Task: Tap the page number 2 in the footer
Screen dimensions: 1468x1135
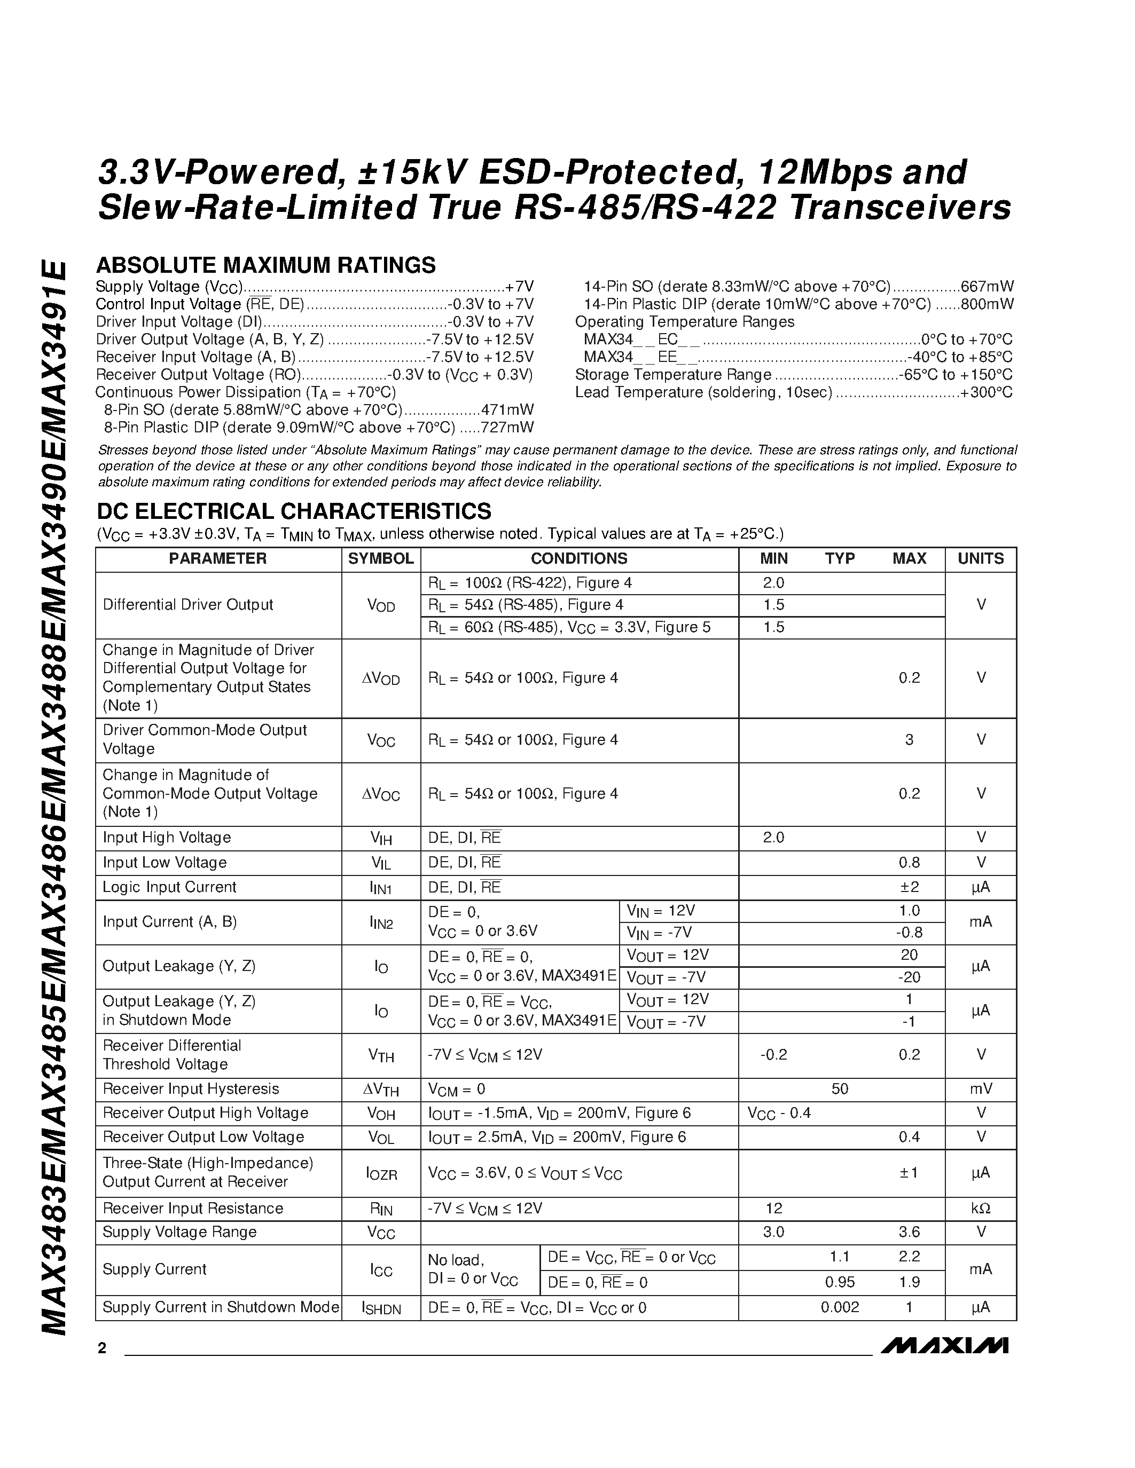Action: click(x=101, y=1348)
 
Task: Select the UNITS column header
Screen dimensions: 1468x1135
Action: click(x=980, y=558)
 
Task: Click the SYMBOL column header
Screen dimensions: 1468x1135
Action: click(x=381, y=558)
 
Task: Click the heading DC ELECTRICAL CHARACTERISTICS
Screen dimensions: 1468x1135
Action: click(x=294, y=511)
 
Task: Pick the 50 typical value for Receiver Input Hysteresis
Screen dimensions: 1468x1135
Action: click(x=840, y=1089)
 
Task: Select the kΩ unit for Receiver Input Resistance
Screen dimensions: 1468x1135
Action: click(x=980, y=1209)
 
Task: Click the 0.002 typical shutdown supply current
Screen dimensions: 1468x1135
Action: click(x=840, y=1307)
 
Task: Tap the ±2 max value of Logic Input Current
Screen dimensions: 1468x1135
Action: click(x=909, y=887)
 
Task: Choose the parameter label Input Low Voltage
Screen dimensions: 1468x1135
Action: click(x=165, y=862)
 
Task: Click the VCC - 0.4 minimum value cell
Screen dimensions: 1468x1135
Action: click(x=779, y=1114)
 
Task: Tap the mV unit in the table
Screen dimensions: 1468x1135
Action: click(x=980, y=1089)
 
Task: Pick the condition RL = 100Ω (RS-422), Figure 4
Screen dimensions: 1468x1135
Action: click(x=530, y=583)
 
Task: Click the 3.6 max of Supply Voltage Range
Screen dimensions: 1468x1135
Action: click(x=909, y=1232)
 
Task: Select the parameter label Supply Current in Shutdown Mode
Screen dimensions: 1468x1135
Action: click(x=221, y=1307)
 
